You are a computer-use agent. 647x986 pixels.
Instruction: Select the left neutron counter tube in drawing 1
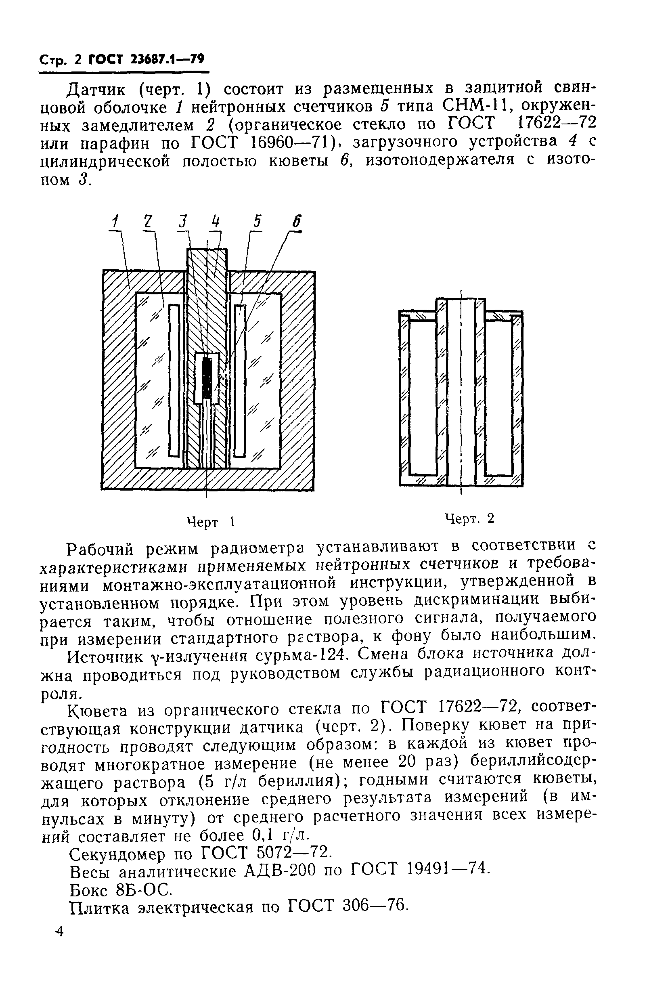pos(174,380)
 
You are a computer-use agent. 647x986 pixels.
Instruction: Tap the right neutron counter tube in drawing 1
pos(240,380)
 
